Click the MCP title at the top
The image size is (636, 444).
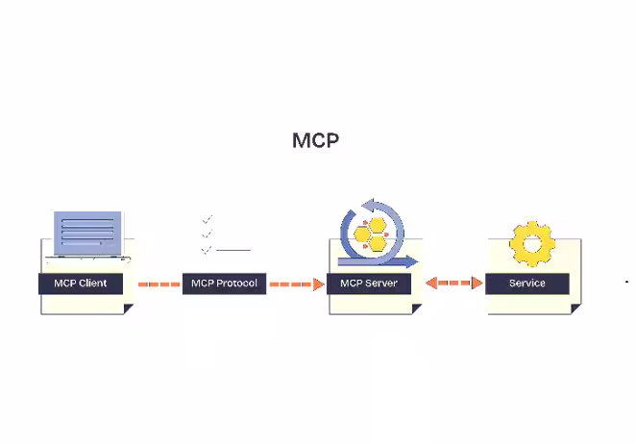click(x=315, y=140)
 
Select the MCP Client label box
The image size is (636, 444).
click(x=81, y=284)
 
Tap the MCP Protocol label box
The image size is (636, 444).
click(x=224, y=284)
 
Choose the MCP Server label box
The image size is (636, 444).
click(x=368, y=284)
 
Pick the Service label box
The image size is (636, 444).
click(x=526, y=284)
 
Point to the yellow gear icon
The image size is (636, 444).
click(x=531, y=243)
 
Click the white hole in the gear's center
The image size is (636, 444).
click(x=531, y=243)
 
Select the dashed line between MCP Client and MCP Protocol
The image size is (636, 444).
click(x=159, y=284)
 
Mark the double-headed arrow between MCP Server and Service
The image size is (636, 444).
click(x=453, y=284)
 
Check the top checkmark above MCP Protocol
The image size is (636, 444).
click(x=207, y=219)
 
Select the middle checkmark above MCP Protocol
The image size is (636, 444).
click(x=207, y=234)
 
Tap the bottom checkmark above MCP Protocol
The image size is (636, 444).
click(x=207, y=249)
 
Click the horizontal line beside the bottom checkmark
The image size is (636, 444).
click(x=233, y=250)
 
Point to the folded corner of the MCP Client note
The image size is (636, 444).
click(x=128, y=308)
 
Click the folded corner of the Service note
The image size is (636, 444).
click(x=575, y=308)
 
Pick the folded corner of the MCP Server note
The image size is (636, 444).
click(x=416, y=308)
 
